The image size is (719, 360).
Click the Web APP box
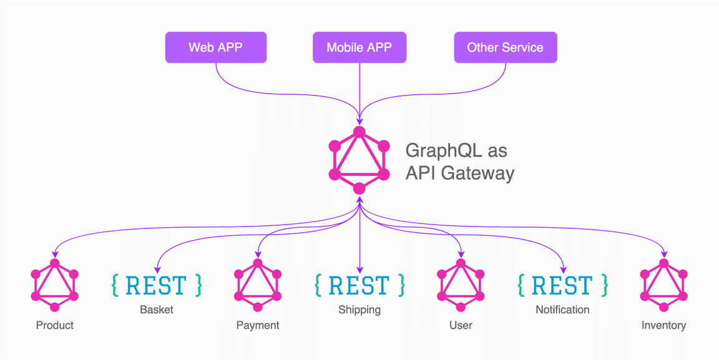tap(215, 48)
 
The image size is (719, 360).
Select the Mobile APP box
tap(359, 48)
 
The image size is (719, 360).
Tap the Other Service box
tap(505, 48)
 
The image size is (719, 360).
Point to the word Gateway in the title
tap(477, 173)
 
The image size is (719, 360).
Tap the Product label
tap(55, 325)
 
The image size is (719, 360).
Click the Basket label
tap(157, 309)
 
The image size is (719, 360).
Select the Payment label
tap(258, 325)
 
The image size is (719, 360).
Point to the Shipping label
tap(359, 309)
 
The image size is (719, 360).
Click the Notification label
tap(562, 309)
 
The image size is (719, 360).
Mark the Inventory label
tap(664, 325)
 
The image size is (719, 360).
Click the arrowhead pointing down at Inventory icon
tap(664, 254)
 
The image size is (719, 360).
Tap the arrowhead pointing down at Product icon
tap(55, 254)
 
